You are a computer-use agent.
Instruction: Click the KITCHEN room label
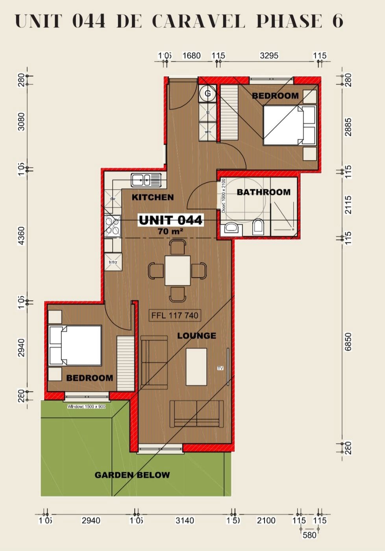[152, 197]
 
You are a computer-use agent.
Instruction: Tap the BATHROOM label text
[263, 192]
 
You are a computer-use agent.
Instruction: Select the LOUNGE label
[196, 336]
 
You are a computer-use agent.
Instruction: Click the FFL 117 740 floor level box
[175, 315]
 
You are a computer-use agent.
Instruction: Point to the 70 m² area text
[170, 231]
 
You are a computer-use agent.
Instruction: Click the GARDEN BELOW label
[132, 475]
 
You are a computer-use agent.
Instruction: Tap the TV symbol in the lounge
[220, 368]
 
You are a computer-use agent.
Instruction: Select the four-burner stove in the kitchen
[113, 226]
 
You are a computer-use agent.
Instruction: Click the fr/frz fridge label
[113, 262]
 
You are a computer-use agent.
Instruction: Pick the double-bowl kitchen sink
[146, 180]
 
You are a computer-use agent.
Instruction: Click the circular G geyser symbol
[207, 94]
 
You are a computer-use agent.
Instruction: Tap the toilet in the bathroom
[258, 227]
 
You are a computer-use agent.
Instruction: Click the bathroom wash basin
[231, 228]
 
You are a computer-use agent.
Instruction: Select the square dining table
[178, 270]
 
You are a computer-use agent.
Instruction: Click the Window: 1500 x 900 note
[86, 407]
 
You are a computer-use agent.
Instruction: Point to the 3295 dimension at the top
[269, 55]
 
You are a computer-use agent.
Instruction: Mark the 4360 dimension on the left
[21, 235]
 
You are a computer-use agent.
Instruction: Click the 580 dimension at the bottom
[309, 535]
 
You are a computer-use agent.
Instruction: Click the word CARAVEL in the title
[198, 21]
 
